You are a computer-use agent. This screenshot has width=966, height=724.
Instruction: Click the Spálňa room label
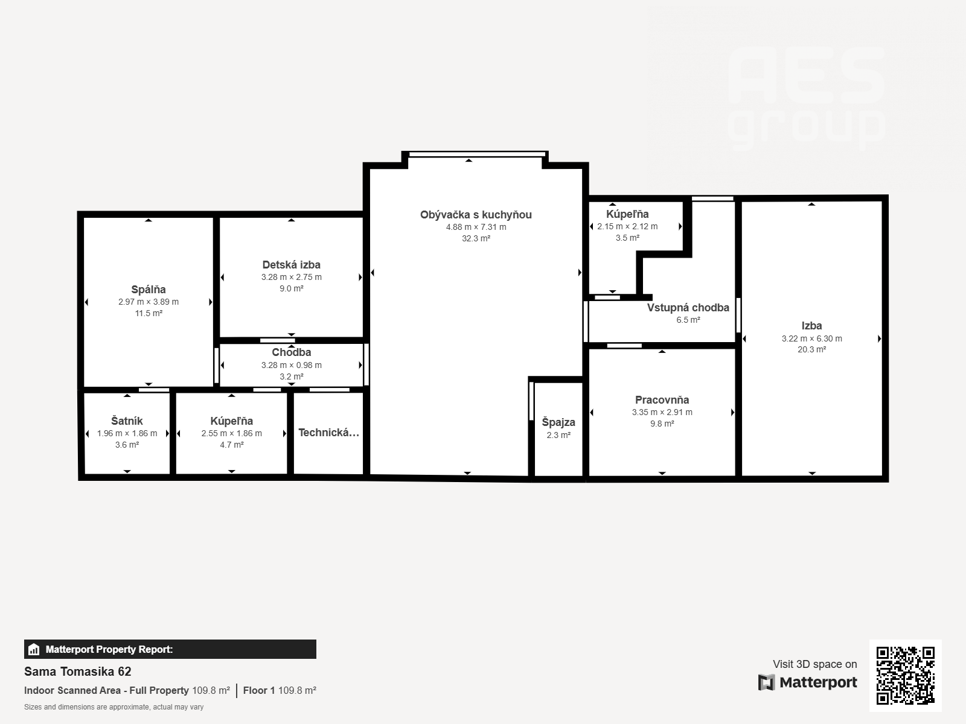(x=149, y=290)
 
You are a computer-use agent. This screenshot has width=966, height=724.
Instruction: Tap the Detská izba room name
(x=292, y=265)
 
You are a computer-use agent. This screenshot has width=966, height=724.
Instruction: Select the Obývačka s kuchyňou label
(x=476, y=215)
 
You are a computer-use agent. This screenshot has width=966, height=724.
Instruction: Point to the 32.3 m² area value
(x=476, y=238)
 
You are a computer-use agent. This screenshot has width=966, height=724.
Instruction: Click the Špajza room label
(x=558, y=422)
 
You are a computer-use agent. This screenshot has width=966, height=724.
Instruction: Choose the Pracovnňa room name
(x=662, y=400)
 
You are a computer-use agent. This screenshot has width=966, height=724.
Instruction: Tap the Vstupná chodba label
(x=688, y=308)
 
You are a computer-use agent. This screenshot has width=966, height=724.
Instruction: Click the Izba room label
(x=811, y=326)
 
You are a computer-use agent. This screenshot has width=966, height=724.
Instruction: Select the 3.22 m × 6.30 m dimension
(x=811, y=338)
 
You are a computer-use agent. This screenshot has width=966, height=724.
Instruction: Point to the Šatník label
(x=127, y=421)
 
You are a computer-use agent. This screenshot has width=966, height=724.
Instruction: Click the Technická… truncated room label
(x=329, y=433)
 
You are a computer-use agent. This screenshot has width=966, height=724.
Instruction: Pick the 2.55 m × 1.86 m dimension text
(x=231, y=433)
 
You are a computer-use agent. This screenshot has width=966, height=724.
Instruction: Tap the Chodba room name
(x=292, y=352)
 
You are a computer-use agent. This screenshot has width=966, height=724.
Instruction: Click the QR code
(x=905, y=675)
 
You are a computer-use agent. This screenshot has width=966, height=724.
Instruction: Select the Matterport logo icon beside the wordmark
(x=766, y=682)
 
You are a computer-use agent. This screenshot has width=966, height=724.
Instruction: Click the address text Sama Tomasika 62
(x=77, y=672)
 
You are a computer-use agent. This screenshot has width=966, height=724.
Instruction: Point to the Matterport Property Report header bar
(x=170, y=649)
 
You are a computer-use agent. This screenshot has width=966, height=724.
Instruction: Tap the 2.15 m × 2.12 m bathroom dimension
(x=627, y=226)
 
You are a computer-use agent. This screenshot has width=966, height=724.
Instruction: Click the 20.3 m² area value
(x=811, y=349)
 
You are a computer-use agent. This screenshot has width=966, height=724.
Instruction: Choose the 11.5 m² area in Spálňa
(x=149, y=313)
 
